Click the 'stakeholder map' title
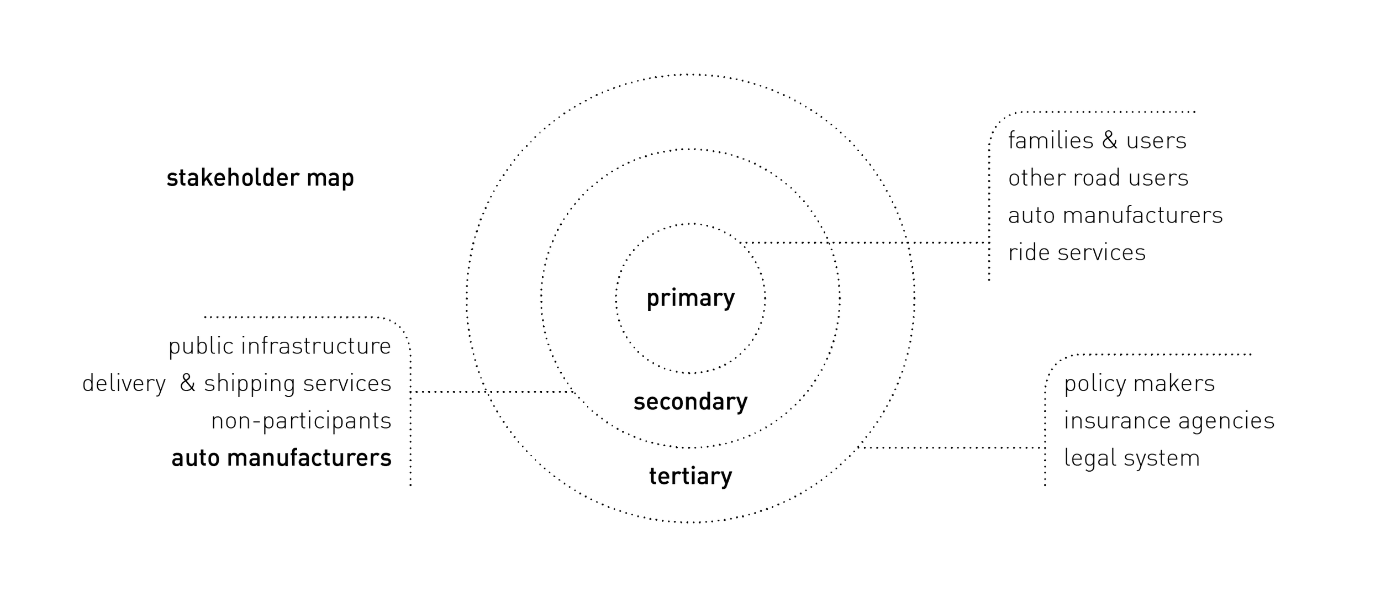260,178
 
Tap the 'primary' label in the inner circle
690,298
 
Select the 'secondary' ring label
690,401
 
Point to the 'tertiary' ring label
690,476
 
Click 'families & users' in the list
1097,140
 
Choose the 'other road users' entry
1098,178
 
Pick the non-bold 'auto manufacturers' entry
1115,215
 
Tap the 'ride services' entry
1077,252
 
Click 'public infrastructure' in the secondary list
280,346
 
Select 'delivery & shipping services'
236,383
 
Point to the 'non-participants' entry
301,421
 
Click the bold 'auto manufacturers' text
281,458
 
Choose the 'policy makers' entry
1139,383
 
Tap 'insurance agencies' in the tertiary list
1169,421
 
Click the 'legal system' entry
1132,458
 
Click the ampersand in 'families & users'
1110,140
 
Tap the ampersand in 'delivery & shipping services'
188,383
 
